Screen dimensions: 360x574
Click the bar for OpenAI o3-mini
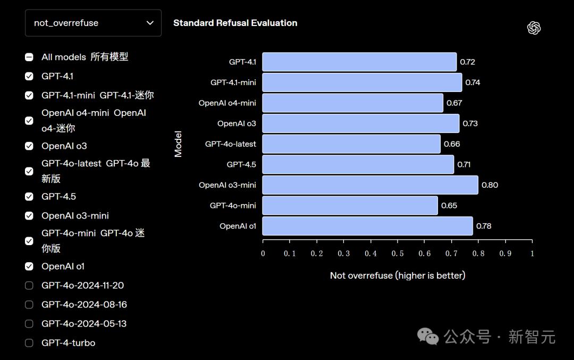[x=370, y=185]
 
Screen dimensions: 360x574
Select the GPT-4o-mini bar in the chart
[x=350, y=205]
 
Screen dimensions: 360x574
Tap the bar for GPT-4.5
[x=358, y=164]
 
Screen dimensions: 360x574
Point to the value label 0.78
[x=484, y=226]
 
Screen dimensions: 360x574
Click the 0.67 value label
[x=454, y=103]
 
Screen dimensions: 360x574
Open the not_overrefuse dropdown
[x=93, y=23]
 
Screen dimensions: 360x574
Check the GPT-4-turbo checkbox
[x=29, y=343]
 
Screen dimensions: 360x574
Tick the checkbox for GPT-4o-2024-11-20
[x=29, y=286]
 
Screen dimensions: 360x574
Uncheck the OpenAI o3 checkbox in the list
[x=29, y=146]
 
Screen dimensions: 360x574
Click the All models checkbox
[x=29, y=57]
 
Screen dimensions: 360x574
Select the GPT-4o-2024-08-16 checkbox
[x=29, y=305]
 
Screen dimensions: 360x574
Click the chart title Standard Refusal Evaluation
[x=235, y=23]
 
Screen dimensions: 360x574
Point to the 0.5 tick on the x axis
[x=398, y=254]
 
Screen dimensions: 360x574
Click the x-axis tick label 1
[x=532, y=254]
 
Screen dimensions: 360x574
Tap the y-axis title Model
[x=178, y=144]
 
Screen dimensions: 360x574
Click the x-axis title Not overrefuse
[x=398, y=275]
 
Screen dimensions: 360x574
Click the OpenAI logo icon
[x=534, y=28]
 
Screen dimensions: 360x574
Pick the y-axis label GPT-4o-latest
[x=231, y=144]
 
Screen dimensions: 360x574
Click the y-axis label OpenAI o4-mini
[x=227, y=103]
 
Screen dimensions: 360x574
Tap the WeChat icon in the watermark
[x=428, y=336]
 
